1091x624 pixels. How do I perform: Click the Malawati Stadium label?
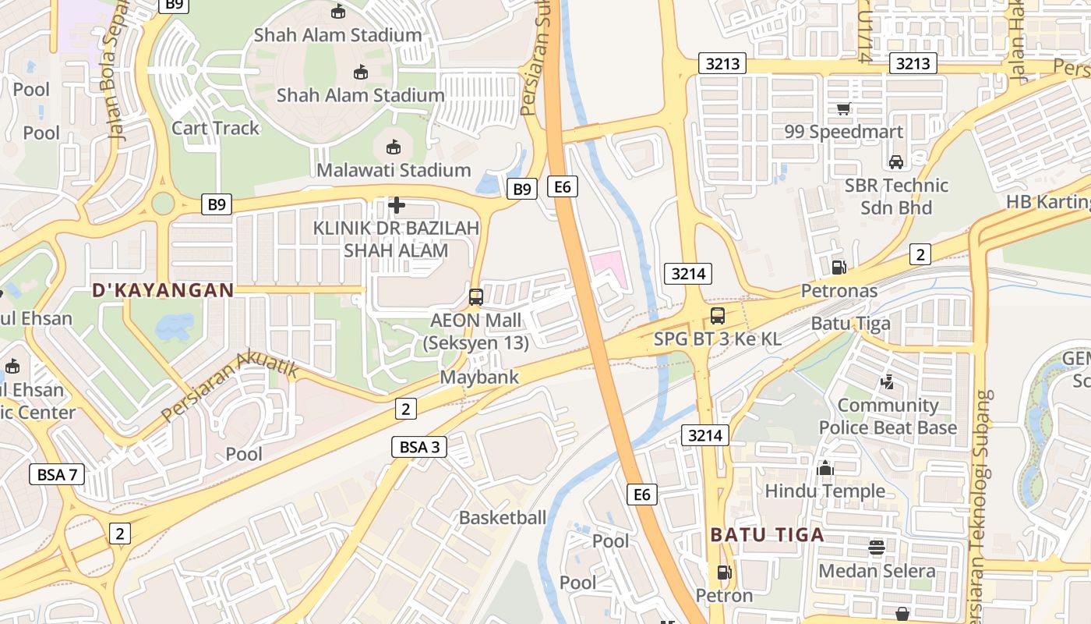tap(394, 170)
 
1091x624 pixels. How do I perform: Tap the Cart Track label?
tap(215, 128)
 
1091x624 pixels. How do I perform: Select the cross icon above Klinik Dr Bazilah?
tap(397, 205)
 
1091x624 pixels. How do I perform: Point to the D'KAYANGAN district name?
tap(163, 290)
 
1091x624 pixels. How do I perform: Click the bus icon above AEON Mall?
tap(475, 297)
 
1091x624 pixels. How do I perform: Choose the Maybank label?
tap(479, 378)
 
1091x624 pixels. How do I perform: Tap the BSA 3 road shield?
tap(419, 447)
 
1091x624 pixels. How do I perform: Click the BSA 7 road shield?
tap(57, 473)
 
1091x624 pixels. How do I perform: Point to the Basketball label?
tap(503, 517)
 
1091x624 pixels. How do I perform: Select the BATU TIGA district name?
tap(767, 535)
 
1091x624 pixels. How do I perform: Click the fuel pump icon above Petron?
tap(724, 573)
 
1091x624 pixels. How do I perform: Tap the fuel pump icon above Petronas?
tap(839, 268)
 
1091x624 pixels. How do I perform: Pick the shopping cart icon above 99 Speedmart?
tap(843, 108)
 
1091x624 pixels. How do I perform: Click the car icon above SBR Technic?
tap(896, 161)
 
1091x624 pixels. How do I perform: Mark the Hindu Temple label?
tap(824, 491)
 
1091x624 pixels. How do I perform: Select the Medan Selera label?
tap(877, 571)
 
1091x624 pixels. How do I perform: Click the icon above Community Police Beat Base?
tap(887, 382)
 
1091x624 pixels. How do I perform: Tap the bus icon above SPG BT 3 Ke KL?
tap(718, 316)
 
